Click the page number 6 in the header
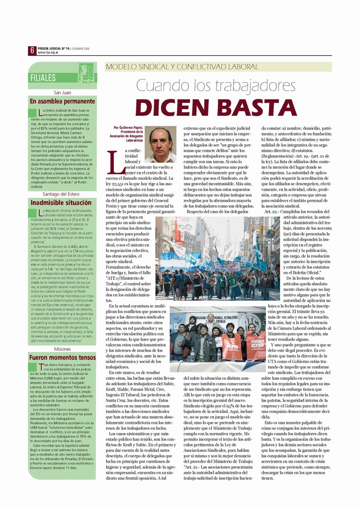[x=31, y=50]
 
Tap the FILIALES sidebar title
[x=43, y=78]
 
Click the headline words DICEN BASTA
[x=216, y=107]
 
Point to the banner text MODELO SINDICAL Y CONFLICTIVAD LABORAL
[x=182, y=67]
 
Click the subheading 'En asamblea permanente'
[x=62, y=101]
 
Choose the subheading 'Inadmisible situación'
[x=61, y=203]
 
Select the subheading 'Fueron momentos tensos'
[x=62, y=357]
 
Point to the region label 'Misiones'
[x=63, y=349]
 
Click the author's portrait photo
[x=160, y=145]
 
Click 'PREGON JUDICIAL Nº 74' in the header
[x=56, y=48]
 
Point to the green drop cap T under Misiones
[x=33, y=367]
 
